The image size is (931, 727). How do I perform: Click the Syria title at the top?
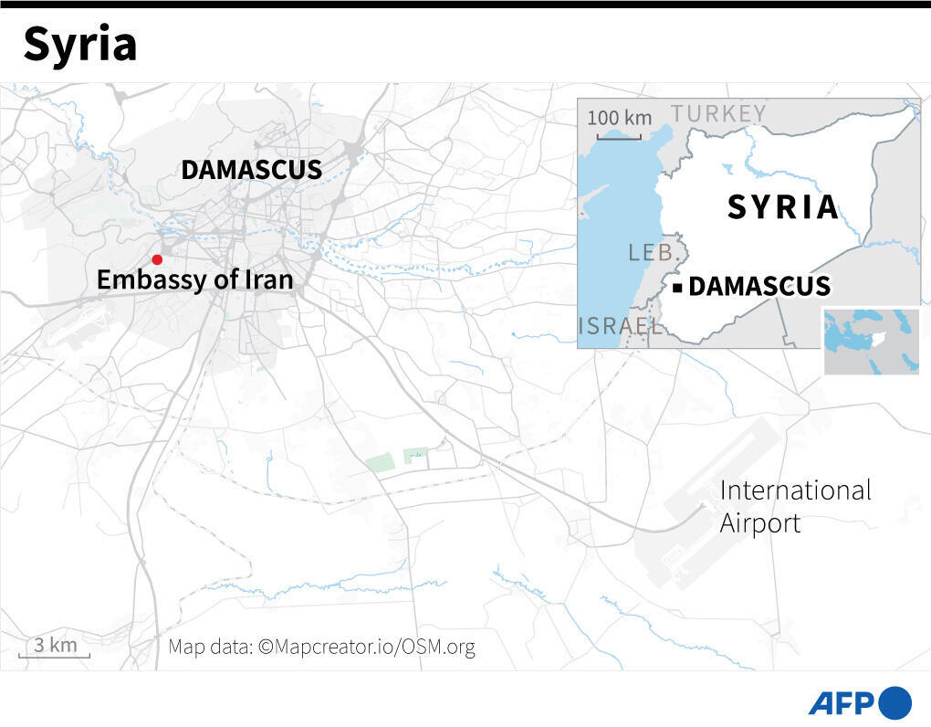point(80,45)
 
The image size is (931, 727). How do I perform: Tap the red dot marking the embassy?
point(157,260)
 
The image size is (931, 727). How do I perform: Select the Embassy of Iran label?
point(194,279)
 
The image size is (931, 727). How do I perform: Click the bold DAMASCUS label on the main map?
point(251,170)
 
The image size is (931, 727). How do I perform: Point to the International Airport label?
point(795,506)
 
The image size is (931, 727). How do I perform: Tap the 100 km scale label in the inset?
point(620,119)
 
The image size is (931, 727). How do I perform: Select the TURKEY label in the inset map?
point(718,113)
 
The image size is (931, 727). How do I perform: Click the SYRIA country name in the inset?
point(782,207)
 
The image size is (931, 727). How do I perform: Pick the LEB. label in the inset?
point(651,252)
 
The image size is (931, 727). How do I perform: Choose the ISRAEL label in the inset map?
point(620,326)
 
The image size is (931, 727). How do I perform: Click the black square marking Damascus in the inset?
point(677,289)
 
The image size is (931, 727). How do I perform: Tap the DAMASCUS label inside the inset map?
point(759,287)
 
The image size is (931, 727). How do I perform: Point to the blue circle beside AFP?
point(895,702)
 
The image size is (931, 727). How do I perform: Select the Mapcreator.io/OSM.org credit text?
point(321,648)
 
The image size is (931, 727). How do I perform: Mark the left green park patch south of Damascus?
point(380,462)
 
